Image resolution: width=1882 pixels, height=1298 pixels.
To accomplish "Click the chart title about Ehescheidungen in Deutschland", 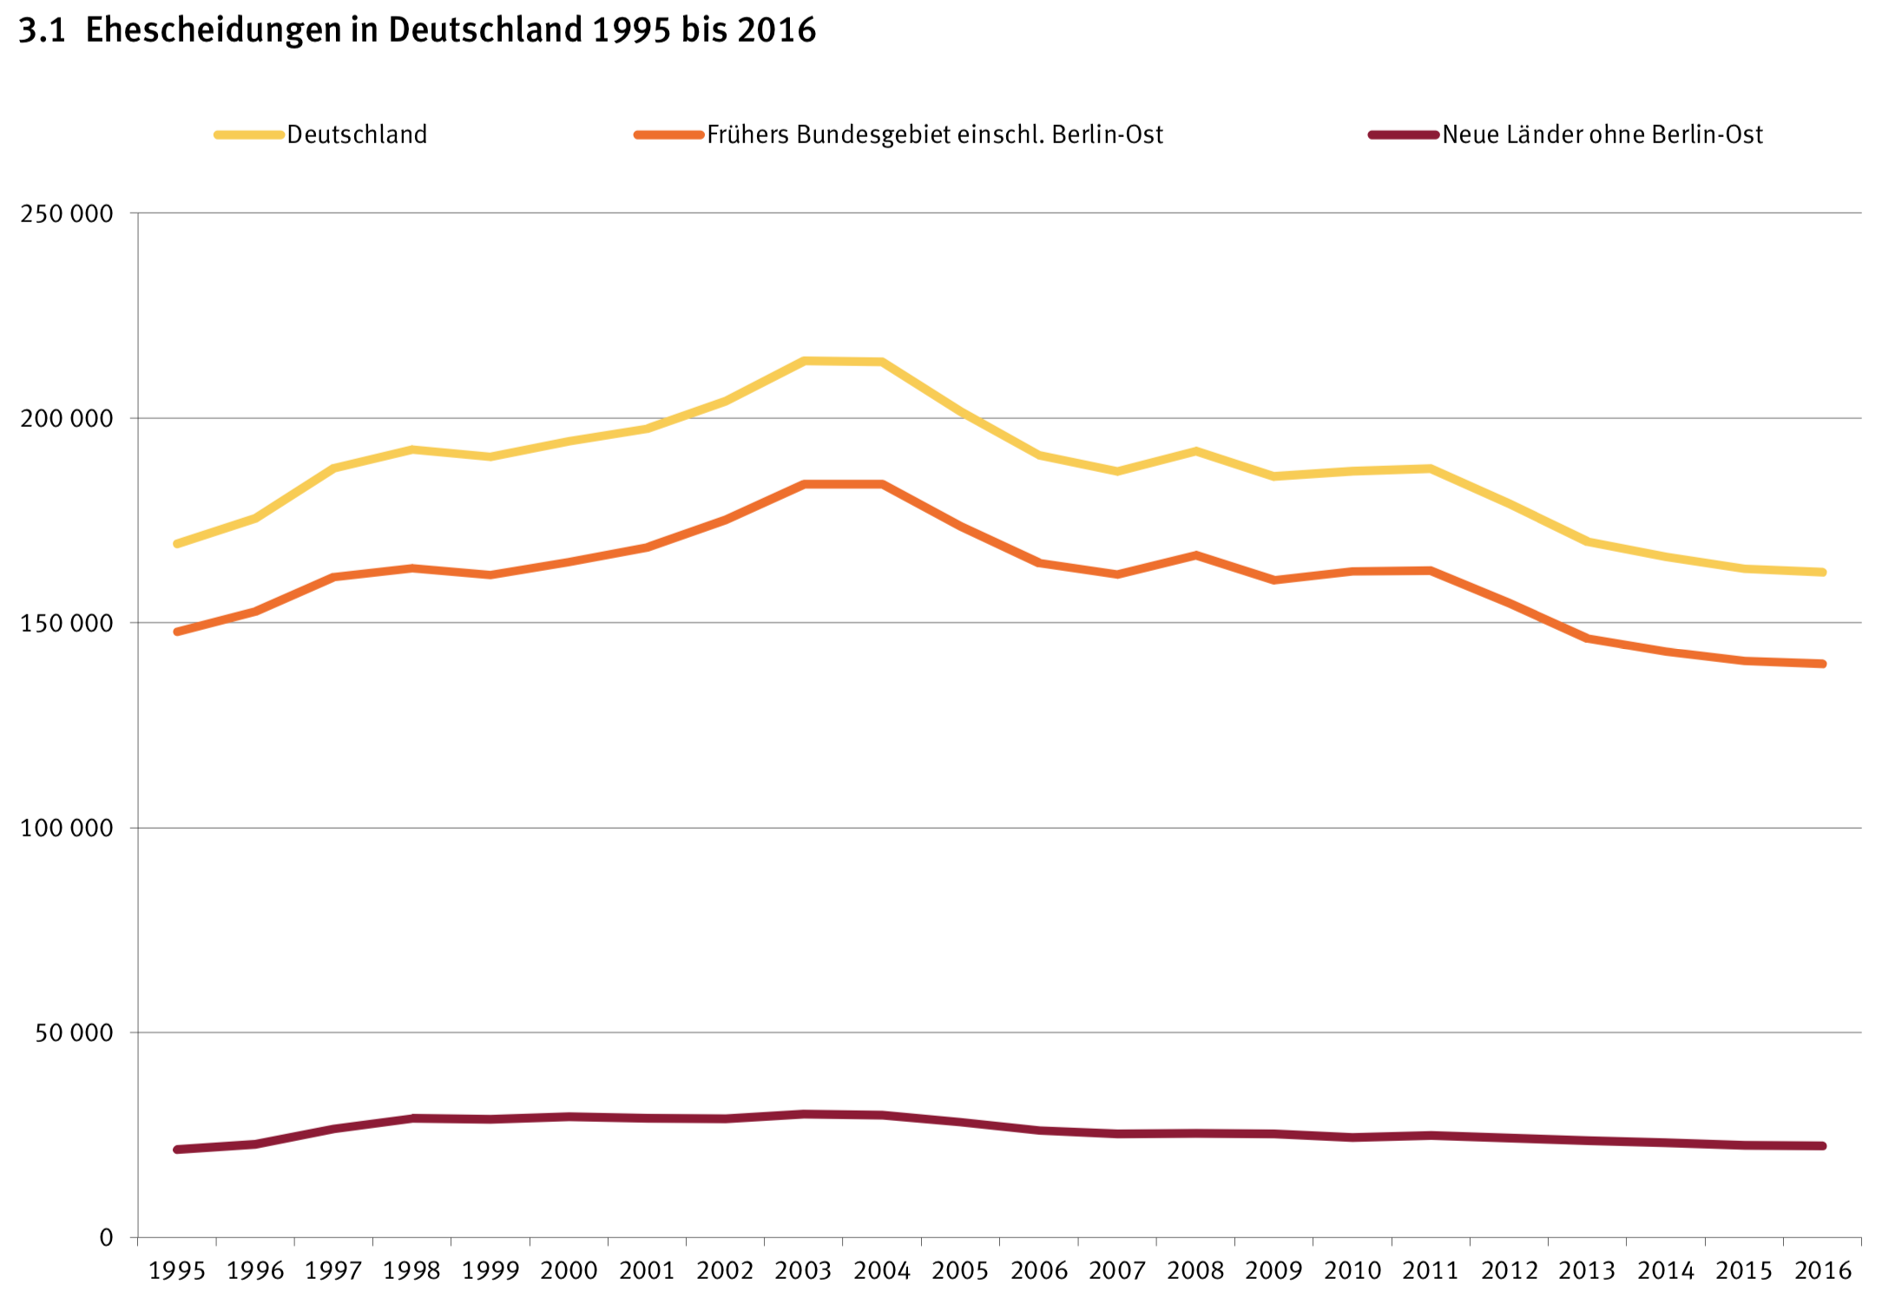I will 417,30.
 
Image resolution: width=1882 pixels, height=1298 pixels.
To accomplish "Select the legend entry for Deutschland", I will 357,134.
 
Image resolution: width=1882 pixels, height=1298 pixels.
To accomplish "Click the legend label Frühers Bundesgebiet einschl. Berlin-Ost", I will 934,134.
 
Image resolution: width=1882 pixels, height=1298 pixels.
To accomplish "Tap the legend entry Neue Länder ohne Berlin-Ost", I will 1602,134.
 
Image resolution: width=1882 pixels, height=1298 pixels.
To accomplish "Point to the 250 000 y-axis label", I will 67,213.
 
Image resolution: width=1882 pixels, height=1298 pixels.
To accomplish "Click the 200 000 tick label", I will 67,418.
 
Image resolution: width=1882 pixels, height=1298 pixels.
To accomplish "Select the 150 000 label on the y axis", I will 67,623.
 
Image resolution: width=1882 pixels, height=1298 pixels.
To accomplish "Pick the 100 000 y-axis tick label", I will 67,828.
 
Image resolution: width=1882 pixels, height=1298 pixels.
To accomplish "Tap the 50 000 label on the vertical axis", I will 74,1032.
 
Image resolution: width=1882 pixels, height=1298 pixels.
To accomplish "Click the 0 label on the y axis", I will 106,1237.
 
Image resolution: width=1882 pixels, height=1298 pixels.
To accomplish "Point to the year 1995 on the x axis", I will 177,1271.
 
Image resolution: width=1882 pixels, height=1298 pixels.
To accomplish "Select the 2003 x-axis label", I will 804,1271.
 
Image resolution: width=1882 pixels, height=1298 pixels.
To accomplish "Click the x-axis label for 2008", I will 1195,1271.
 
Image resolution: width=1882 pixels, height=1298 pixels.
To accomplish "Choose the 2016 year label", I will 1823,1271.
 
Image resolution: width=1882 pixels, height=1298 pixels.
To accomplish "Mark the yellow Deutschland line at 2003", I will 804,361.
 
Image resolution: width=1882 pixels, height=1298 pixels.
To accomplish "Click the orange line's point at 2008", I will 1195,555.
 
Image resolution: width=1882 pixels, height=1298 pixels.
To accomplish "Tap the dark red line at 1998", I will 412,1118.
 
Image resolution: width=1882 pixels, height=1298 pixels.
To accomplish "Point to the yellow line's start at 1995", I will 177,543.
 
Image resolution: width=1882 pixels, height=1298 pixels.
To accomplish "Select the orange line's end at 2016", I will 1823,664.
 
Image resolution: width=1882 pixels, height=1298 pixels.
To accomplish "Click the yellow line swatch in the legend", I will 249,134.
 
